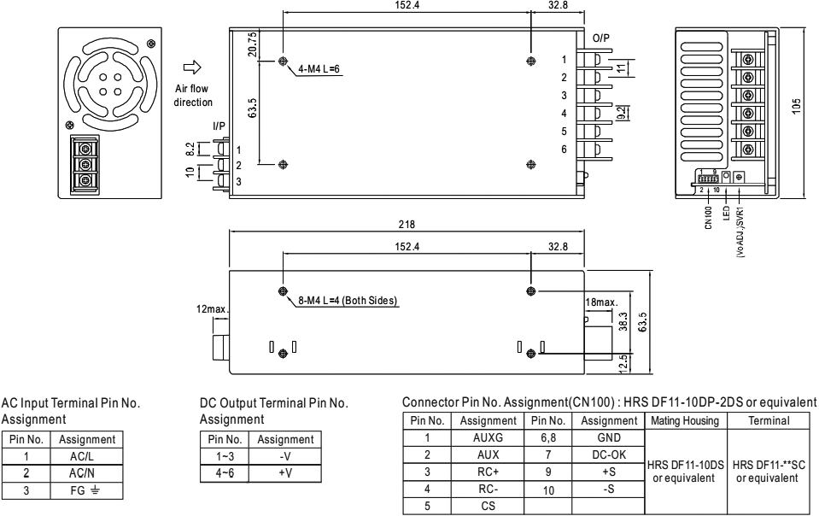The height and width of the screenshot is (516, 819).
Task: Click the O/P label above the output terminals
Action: (603, 39)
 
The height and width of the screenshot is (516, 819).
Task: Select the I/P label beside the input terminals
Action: (219, 126)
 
